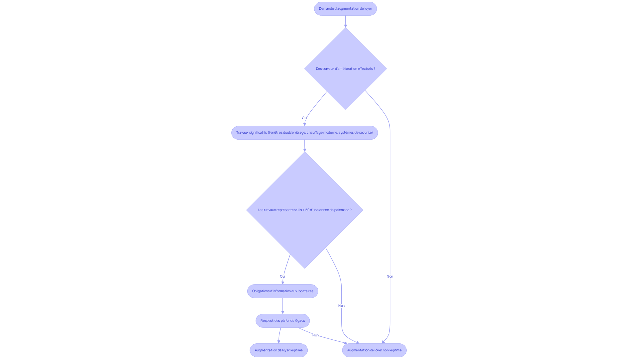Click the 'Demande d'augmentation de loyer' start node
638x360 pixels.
coord(345,9)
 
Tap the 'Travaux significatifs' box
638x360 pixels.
coord(304,133)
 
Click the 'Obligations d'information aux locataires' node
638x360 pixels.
coord(282,291)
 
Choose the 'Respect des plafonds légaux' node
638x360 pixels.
coord(282,321)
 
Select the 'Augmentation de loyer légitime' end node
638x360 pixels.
coord(278,350)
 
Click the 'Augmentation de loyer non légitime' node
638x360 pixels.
coord(374,350)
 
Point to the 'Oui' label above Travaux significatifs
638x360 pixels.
coord(304,118)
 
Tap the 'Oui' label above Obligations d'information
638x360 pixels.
coord(282,277)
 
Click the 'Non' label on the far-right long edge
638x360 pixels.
coord(390,277)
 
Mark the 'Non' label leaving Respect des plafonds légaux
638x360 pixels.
coord(315,335)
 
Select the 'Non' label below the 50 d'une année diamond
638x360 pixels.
coord(341,306)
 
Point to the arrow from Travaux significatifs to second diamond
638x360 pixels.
coord(304,146)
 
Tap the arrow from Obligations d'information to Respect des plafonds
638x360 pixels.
coord(282,306)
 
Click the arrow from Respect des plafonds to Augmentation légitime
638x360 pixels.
coord(279,335)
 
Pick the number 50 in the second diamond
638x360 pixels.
coord(307,210)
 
